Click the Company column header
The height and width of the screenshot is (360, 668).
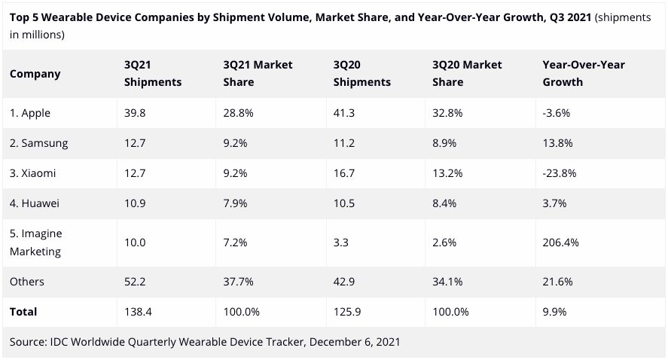point(35,74)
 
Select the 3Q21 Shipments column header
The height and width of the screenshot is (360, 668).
point(153,74)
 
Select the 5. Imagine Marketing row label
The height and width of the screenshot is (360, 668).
point(41,242)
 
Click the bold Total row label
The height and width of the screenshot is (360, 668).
point(23,311)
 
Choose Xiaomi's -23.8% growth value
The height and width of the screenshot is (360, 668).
point(560,172)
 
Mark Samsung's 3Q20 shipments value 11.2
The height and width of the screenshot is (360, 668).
point(343,142)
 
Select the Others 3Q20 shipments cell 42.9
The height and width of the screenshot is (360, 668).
point(344,281)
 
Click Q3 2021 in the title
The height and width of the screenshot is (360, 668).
point(569,17)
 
